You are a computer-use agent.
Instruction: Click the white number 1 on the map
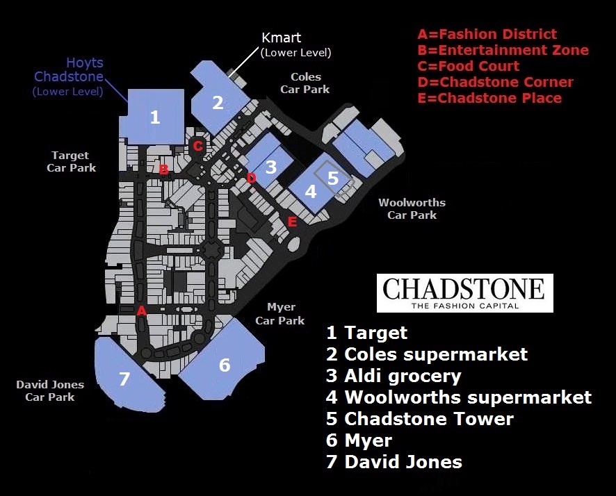pos(155,117)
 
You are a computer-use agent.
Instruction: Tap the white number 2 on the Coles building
pos(218,103)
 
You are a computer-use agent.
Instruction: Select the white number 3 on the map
pos(271,167)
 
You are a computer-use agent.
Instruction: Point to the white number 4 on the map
pos(311,190)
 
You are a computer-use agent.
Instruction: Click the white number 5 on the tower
pos(333,177)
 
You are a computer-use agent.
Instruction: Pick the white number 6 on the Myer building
pos(225,365)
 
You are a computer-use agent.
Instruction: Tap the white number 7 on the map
pos(124,379)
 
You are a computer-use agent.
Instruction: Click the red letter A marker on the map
pos(142,311)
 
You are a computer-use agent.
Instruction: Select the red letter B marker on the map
pos(164,169)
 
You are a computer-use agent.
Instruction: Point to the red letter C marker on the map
pos(198,146)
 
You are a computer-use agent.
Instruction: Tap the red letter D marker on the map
pos(251,178)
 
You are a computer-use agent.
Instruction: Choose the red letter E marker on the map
pos(292,222)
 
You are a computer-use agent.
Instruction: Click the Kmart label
pos(282,38)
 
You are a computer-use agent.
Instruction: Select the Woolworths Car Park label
pos(412,208)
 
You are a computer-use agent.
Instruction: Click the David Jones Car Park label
pos(50,390)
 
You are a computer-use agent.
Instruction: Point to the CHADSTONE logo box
pos(464,292)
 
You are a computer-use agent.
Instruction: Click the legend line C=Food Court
pos(468,66)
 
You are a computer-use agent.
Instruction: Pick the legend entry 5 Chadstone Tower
pos(420,419)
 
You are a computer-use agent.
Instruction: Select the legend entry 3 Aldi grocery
pos(394,376)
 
